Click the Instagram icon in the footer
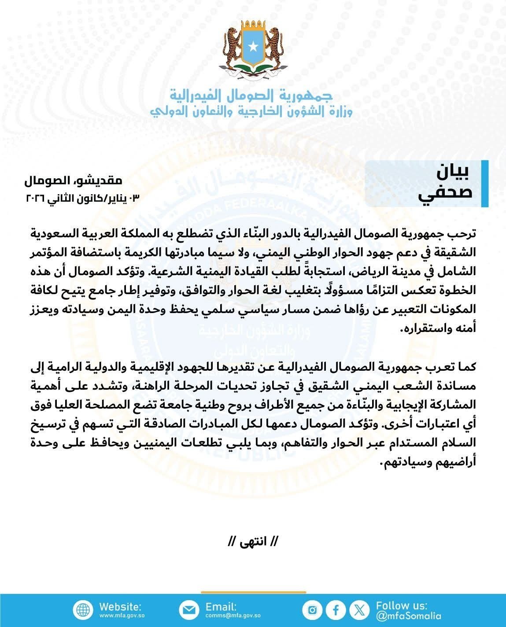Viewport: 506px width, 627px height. (x=312, y=610)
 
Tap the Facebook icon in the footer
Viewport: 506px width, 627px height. (x=336, y=610)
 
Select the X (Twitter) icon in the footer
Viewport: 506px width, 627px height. (x=360, y=610)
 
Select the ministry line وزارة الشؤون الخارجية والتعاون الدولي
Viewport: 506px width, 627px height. (x=251, y=111)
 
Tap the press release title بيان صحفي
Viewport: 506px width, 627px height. (x=445, y=184)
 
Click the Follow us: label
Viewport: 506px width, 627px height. (x=401, y=605)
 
